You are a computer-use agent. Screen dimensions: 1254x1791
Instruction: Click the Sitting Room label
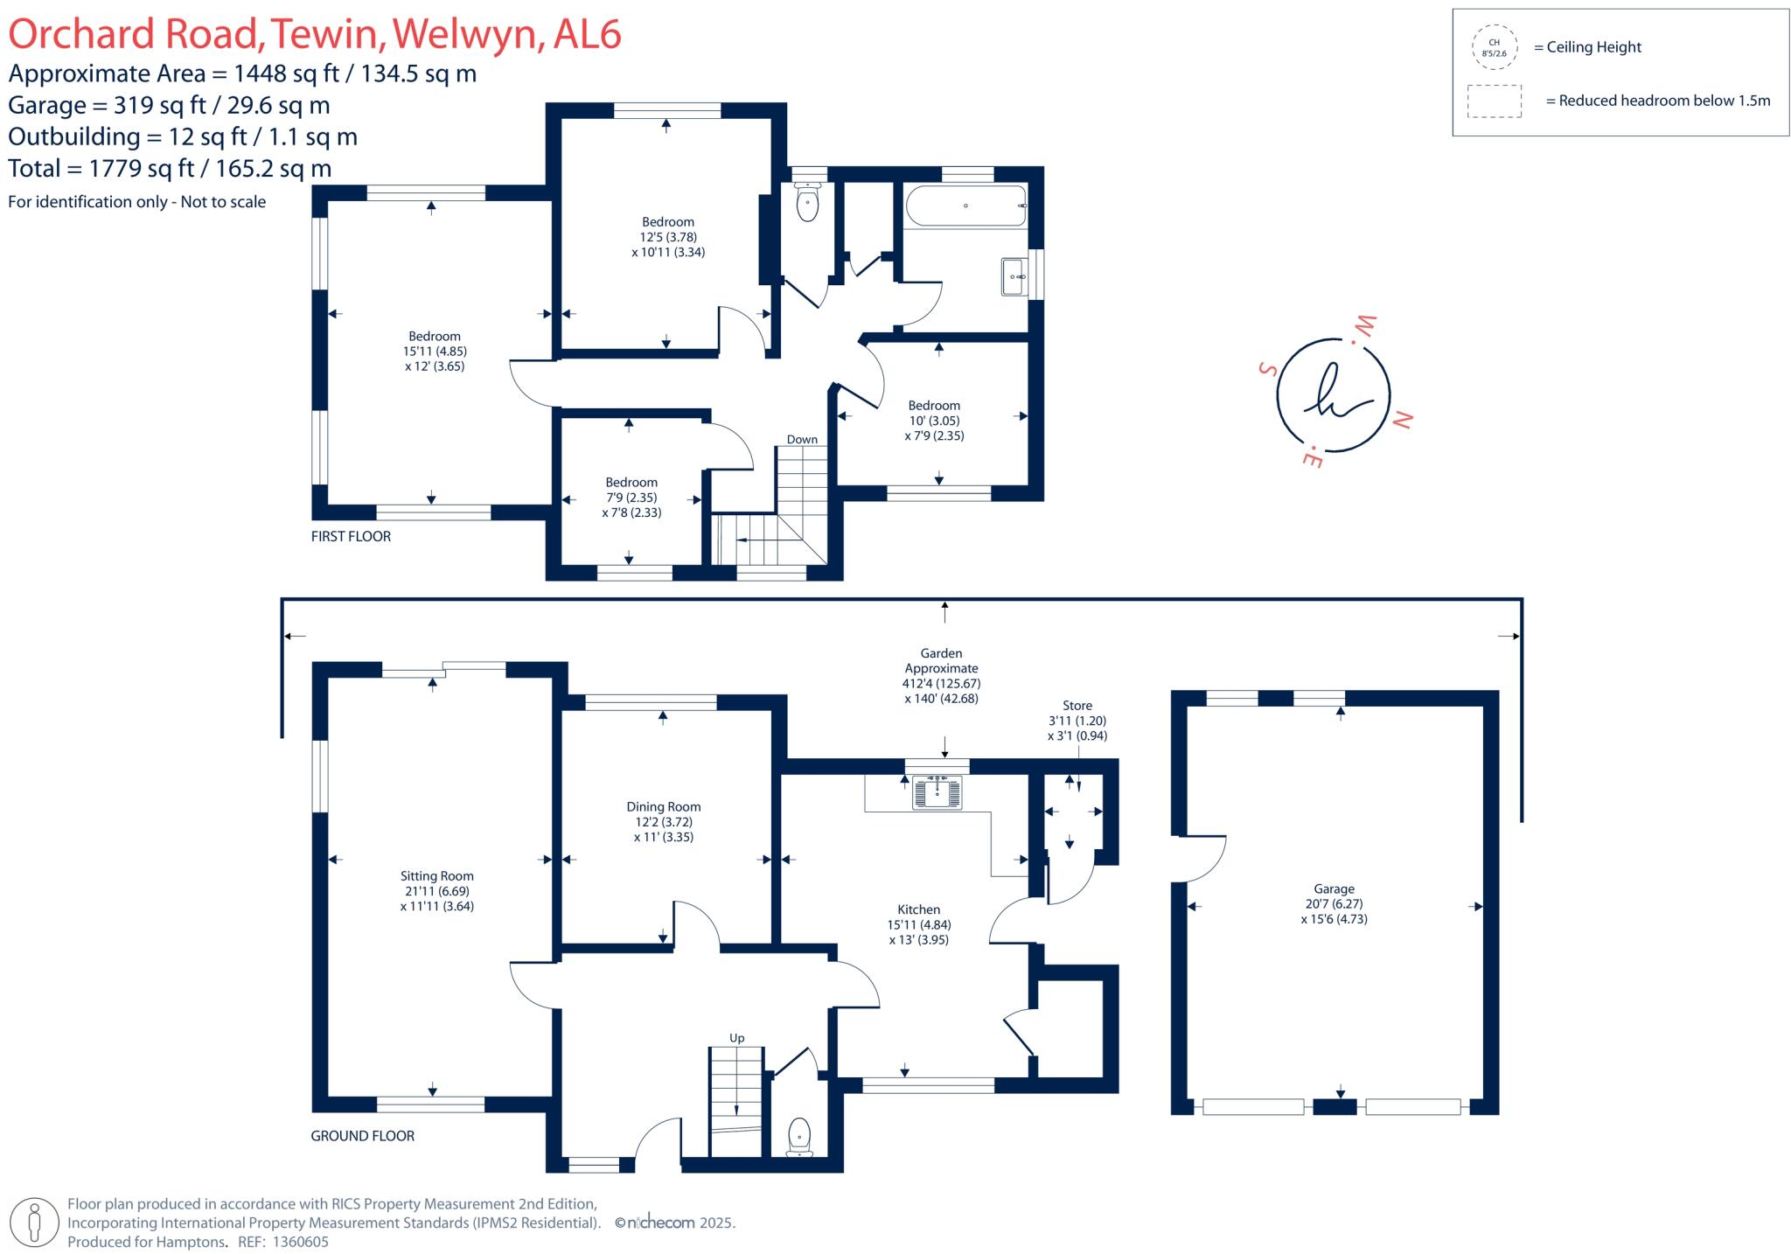(436, 876)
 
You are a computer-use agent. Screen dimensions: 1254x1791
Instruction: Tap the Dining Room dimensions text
(663, 830)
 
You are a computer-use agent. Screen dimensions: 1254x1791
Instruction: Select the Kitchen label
(918, 909)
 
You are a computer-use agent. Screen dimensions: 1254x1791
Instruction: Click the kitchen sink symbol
(937, 792)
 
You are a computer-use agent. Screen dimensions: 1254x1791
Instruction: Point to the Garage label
(1334, 888)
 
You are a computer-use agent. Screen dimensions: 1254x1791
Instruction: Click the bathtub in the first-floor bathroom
(965, 206)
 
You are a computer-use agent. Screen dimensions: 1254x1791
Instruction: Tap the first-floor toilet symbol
(807, 204)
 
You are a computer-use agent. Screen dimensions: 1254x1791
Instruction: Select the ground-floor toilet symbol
(799, 1136)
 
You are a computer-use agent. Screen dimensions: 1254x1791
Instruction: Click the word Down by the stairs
(802, 440)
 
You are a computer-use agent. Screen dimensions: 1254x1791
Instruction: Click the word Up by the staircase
(736, 1038)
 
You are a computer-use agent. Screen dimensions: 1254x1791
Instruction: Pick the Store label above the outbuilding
(1077, 706)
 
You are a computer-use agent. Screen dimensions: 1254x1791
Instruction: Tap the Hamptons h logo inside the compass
(1333, 394)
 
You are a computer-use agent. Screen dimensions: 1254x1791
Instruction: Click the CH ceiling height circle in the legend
(1495, 47)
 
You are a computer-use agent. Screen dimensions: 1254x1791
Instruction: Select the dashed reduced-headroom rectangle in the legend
(1495, 101)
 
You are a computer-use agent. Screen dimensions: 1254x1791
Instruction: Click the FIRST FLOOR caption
(351, 536)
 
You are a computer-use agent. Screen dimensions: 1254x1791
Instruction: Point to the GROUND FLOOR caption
(362, 1136)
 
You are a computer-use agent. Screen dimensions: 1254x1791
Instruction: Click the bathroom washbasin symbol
(1014, 276)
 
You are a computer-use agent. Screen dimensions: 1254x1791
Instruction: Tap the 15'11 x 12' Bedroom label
(435, 337)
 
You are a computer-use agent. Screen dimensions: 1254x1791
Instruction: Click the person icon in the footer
(35, 1223)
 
